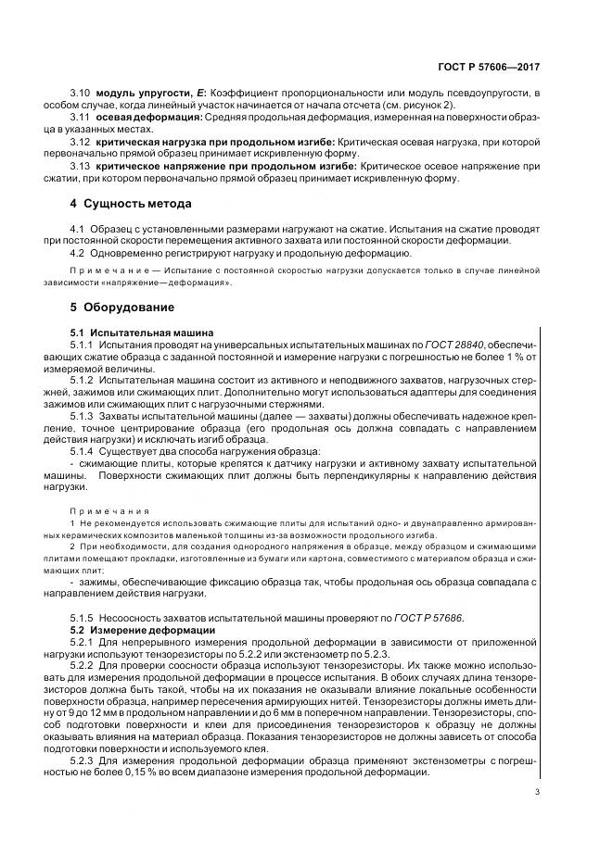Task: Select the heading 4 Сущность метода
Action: coord(132,203)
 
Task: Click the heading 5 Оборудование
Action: coord(122,307)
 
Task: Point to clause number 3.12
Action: coord(81,141)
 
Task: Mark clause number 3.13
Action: coord(81,165)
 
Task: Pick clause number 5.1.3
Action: coord(83,416)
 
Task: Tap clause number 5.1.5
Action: coord(83,618)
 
